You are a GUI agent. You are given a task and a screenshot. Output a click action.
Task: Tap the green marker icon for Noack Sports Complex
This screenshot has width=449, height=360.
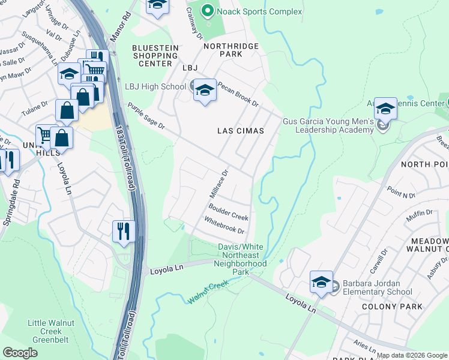(208, 11)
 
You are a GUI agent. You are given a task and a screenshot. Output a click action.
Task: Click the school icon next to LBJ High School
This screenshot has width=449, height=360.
(205, 89)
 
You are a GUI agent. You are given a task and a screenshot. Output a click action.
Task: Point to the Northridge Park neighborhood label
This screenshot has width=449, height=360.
(231, 50)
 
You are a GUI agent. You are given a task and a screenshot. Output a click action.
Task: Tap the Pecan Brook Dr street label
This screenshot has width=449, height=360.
(238, 94)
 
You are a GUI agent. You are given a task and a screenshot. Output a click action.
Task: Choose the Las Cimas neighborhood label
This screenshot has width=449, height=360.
(240, 131)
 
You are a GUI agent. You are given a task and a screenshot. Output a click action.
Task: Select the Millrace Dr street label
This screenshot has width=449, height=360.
(219, 184)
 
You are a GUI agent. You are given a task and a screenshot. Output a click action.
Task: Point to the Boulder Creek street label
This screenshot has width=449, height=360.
(228, 212)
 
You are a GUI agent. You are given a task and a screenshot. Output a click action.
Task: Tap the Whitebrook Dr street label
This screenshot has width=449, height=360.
(224, 226)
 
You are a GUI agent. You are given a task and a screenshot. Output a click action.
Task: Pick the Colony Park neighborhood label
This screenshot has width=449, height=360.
(387, 306)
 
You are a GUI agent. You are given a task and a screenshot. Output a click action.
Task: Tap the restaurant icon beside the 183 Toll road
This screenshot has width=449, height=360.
(124, 230)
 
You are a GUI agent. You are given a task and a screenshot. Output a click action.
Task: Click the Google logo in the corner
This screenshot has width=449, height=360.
(20, 353)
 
